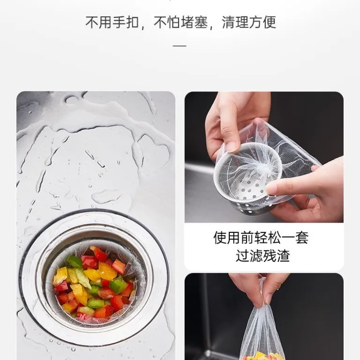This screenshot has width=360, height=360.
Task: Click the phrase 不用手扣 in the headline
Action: click(112, 22)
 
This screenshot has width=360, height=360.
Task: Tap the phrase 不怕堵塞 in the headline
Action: click(180, 22)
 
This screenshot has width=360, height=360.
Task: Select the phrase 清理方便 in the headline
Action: click(249, 22)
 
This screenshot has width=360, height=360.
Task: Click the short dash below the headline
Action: click(180, 45)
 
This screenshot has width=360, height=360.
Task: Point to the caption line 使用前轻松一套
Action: click(261, 237)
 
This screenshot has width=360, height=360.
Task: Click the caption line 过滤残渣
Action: click(262, 255)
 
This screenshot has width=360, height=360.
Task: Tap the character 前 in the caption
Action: click(247, 237)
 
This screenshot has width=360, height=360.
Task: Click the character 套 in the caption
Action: click(302, 237)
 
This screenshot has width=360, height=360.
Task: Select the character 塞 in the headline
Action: click(201, 22)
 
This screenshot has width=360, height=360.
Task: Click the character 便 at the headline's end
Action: click(269, 22)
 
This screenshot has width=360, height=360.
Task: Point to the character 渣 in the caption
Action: click(283, 255)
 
